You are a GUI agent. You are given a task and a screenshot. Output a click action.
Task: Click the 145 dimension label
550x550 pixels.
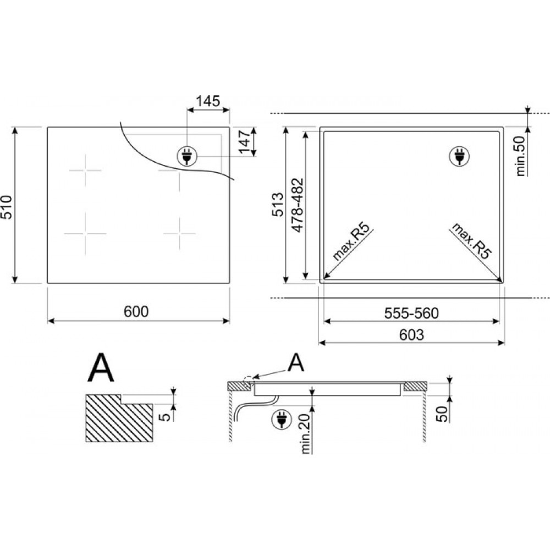(x=208, y=101)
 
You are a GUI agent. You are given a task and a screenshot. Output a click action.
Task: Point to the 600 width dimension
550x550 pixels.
(x=136, y=311)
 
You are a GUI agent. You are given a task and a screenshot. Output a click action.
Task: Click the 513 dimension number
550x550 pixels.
(x=278, y=205)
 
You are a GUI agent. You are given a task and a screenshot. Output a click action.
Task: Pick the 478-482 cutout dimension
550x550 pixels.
(x=298, y=205)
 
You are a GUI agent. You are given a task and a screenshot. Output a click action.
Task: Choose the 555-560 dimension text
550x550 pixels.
(x=411, y=313)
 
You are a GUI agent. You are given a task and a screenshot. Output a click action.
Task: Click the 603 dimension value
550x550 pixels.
(x=411, y=334)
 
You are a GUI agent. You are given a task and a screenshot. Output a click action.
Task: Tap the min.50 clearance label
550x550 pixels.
(x=520, y=156)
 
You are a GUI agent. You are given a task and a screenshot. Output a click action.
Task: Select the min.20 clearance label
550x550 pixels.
(x=306, y=434)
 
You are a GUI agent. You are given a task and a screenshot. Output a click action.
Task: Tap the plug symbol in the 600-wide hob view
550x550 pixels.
(x=187, y=156)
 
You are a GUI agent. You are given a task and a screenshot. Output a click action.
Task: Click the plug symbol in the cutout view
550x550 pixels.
(x=459, y=156)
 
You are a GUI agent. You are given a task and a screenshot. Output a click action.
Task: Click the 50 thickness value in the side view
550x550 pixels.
(x=443, y=414)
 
